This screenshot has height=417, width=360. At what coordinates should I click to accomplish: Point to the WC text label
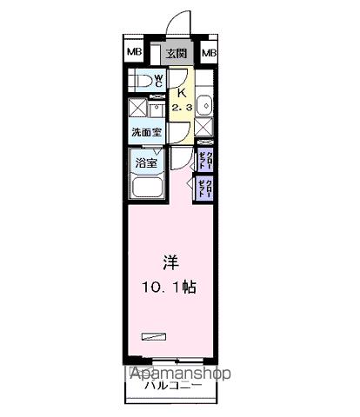pos(159,81)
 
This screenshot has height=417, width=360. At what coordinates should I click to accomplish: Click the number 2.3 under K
pos(183,106)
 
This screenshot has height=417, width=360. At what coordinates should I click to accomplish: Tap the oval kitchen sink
pos(204,106)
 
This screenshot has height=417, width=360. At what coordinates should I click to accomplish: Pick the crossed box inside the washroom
pos(138,109)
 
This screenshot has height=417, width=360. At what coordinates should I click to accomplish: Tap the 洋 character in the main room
pos(170,261)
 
